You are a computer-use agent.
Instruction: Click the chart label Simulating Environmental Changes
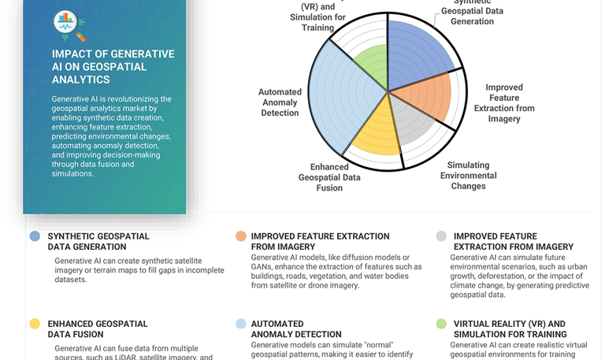[x=468, y=176]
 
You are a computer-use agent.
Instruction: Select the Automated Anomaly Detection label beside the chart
[x=280, y=102]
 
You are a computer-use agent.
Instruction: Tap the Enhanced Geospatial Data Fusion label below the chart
[x=329, y=177]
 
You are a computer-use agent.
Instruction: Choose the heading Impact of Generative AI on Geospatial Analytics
[x=113, y=66]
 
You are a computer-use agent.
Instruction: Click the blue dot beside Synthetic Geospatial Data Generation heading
[x=35, y=236]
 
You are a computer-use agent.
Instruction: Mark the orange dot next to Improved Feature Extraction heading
[x=241, y=236]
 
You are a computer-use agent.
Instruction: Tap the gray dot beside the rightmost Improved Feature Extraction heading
[x=441, y=236]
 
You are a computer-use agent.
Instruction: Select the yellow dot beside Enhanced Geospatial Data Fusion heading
[x=35, y=324]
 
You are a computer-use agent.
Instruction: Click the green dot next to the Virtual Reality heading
[x=441, y=324]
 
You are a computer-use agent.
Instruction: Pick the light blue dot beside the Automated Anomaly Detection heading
[x=241, y=324]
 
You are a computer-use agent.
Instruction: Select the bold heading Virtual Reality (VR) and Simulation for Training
[x=509, y=328]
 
